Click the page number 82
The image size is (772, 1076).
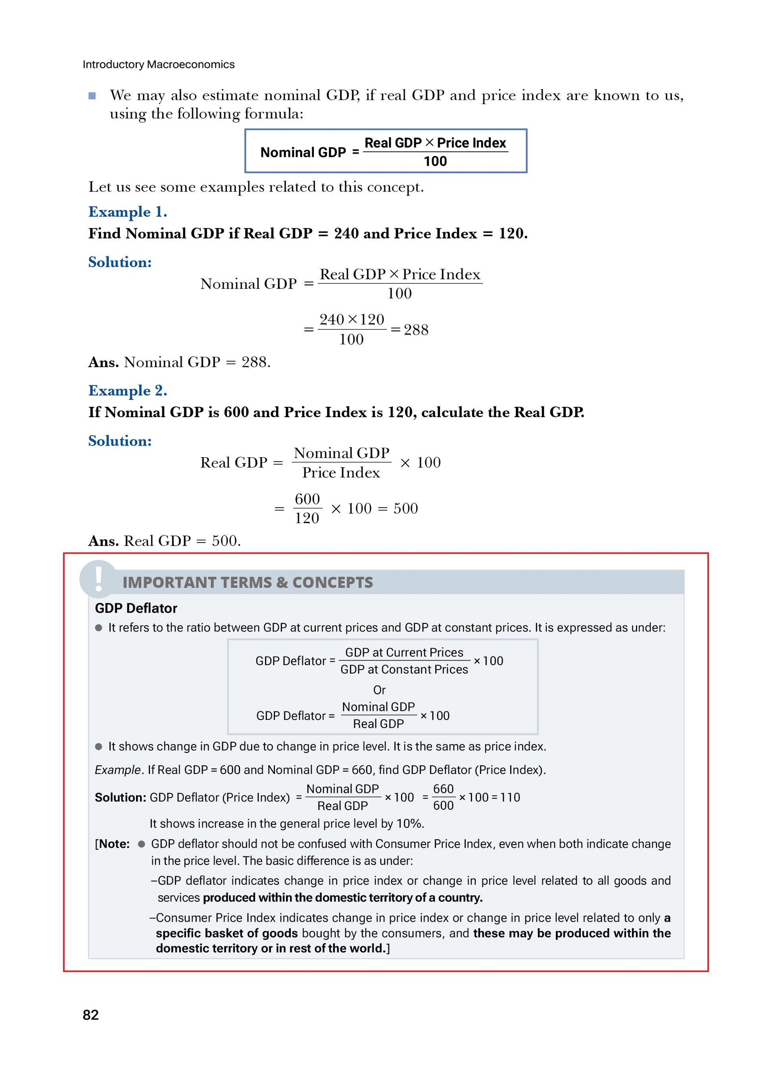pyautogui.click(x=90, y=1015)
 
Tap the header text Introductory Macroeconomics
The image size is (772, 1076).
pyautogui.click(x=158, y=65)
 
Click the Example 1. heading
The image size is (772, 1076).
pyautogui.click(x=128, y=212)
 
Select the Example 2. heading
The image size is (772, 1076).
pyautogui.click(x=128, y=391)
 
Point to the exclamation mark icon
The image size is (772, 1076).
pyautogui.click(x=98, y=579)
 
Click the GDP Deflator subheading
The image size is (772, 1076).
pyautogui.click(x=136, y=608)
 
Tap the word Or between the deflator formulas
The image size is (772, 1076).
pyautogui.click(x=379, y=690)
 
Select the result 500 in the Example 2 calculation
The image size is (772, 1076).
pyautogui.click(x=405, y=508)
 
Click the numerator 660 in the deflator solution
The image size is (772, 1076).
pyautogui.click(x=444, y=789)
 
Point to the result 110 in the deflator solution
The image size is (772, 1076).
pyautogui.click(x=510, y=797)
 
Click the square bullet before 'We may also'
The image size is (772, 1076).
pyautogui.click(x=92, y=96)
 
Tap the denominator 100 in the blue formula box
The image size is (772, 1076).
pyautogui.click(x=435, y=161)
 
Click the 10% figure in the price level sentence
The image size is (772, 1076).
pyautogui.click(x=409, y=824)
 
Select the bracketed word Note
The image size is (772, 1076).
pyautogui.click(x=114, y=844)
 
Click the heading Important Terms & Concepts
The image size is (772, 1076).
pyautogui.click(x=248, y=583)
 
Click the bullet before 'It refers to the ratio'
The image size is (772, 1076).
pyautogui.click(x=99, y=628)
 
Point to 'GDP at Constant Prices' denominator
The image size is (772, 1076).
pyautogui.click(x=404, y=670)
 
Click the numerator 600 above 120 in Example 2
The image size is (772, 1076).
pyautogui.click(x=307, y=499)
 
